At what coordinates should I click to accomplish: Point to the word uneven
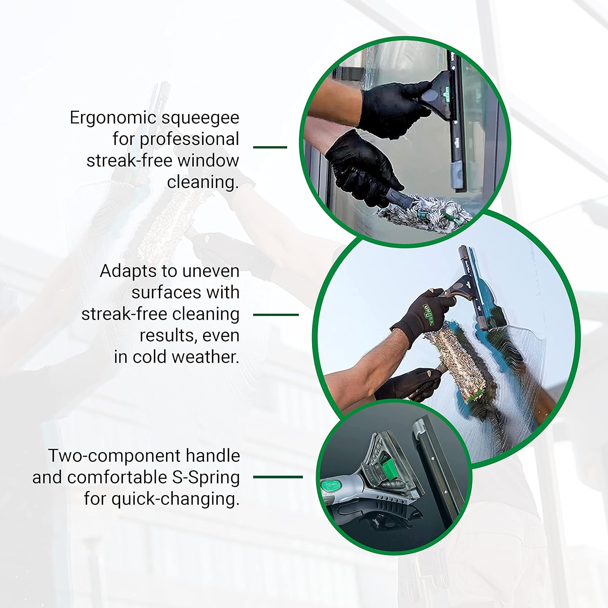211,271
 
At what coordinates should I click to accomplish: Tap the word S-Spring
206,478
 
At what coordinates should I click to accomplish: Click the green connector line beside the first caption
270,147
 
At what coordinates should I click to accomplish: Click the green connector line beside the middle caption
276,314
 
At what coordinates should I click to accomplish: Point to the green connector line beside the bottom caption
278,477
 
